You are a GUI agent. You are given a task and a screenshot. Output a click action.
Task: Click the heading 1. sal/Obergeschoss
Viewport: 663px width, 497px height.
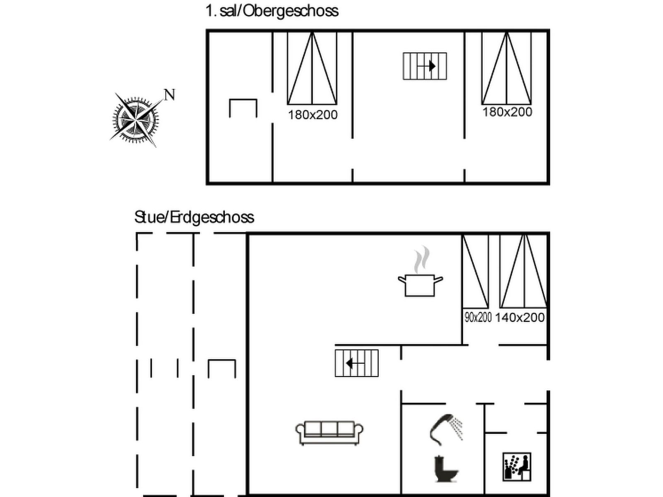point(272,11)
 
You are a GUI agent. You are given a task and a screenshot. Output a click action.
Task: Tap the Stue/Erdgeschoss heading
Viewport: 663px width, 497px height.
point(194,217)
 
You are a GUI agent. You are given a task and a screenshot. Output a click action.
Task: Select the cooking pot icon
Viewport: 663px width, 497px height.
point(420,285)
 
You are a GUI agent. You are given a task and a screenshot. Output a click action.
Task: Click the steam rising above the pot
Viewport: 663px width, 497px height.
point(422,260)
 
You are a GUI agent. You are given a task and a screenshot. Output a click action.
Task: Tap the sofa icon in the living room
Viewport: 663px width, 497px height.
point(329,433)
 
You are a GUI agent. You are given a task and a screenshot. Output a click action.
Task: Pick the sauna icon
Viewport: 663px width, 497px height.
point(517,466)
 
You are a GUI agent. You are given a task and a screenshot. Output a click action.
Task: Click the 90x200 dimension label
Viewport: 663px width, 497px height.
point(478,317)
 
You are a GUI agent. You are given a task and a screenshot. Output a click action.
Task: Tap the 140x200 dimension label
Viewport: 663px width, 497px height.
point(520,317)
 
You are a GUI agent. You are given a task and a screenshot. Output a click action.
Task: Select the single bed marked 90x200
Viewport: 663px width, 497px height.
point(475,271)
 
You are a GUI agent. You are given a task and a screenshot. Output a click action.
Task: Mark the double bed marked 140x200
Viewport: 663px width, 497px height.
point(523,271)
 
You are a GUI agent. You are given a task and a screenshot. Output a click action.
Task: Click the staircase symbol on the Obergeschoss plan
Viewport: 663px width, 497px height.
point(425,66)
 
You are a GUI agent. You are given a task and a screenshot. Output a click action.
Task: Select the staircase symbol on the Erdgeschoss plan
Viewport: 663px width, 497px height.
point(356,363)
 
